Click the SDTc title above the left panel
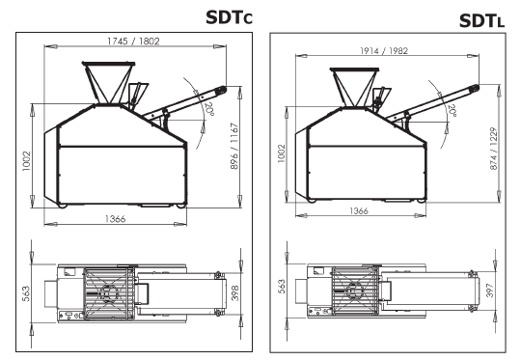230,17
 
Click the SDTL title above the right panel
481,21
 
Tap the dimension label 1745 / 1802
133,42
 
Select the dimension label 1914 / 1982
384,51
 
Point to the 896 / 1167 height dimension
234,147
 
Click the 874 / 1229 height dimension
493,149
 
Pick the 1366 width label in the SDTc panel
116,219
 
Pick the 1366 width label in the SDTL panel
359,210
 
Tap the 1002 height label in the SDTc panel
26,161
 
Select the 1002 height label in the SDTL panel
282,153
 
